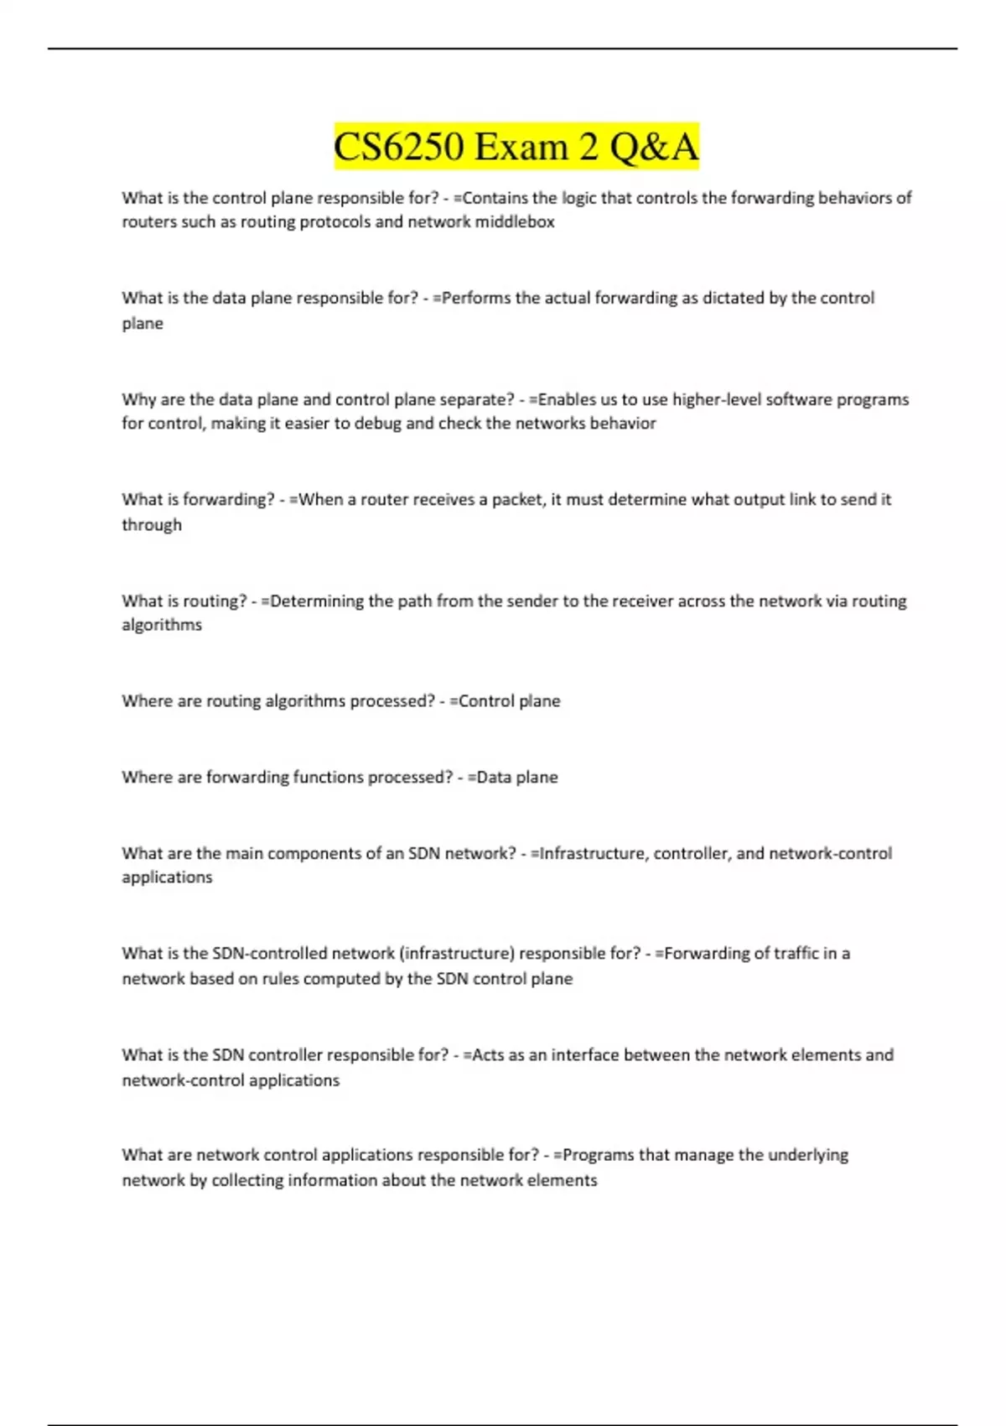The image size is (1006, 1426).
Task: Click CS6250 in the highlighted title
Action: click(x=398, y=147)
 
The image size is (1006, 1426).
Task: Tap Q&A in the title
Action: click(x=654, y=147)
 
